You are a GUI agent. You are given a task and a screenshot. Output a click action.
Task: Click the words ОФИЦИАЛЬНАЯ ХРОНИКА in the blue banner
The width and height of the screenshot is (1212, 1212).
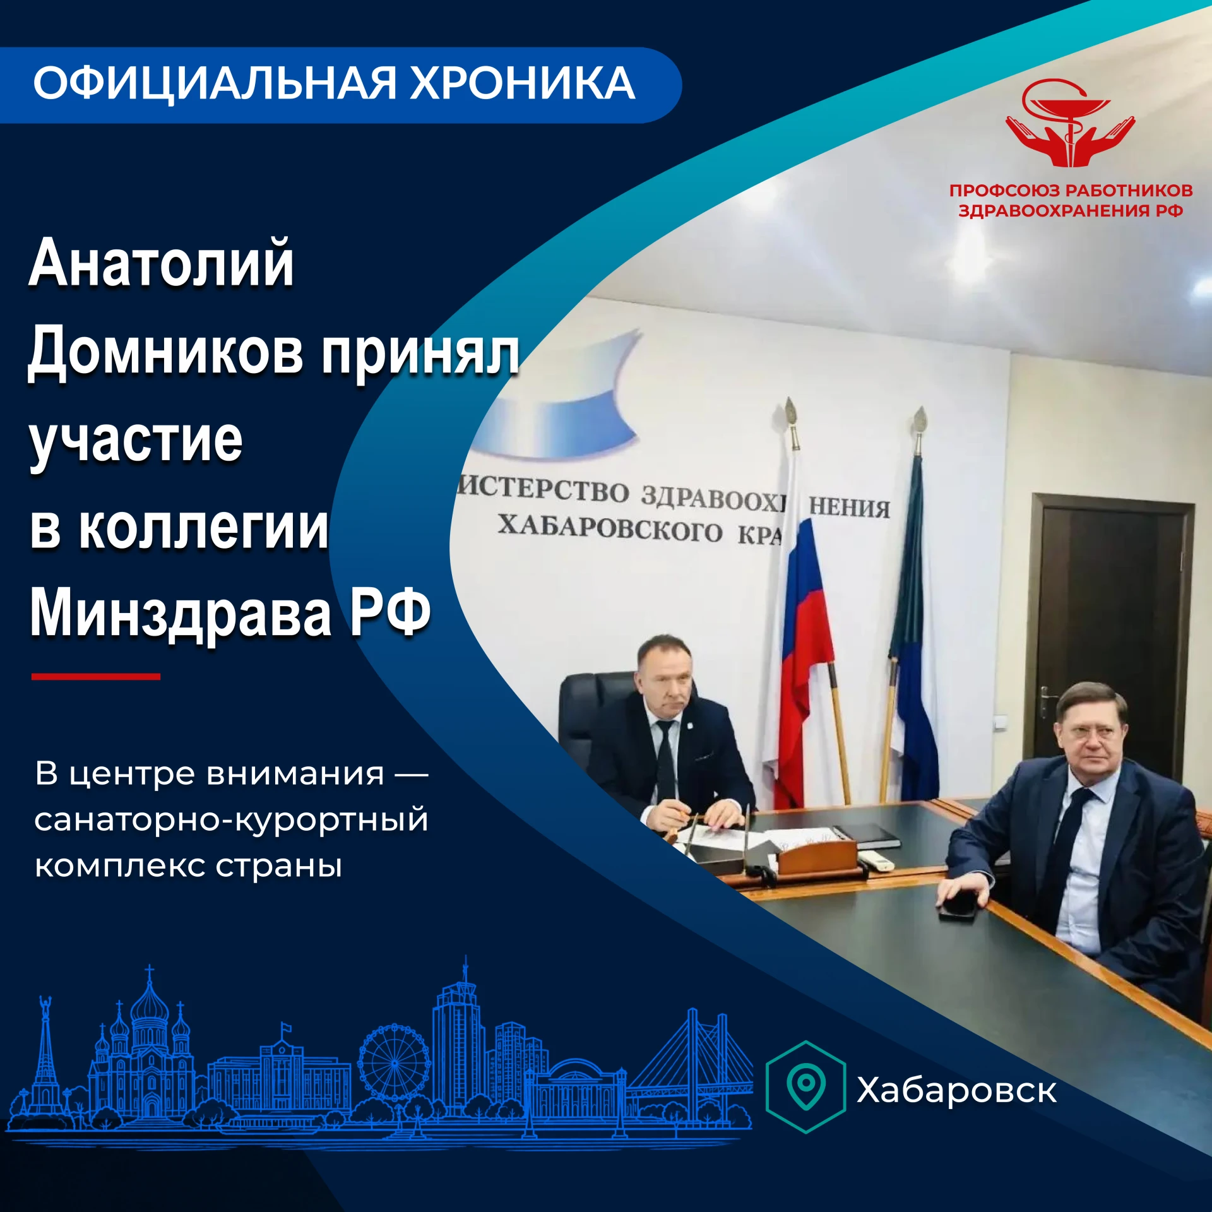(x=334, y=83)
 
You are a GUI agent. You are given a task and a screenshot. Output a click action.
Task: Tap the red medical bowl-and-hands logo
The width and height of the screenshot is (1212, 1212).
(x=1071, y=123)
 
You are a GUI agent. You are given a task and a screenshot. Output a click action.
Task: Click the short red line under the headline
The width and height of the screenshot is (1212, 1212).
(x=96, y=677)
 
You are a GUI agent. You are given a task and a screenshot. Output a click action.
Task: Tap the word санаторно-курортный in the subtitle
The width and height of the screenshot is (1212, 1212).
(x=232, y=820)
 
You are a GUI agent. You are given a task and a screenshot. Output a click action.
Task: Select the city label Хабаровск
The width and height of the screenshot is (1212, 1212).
(x=956, y=1090)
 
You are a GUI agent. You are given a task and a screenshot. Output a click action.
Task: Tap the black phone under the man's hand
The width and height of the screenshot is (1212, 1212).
(x=959, y=906)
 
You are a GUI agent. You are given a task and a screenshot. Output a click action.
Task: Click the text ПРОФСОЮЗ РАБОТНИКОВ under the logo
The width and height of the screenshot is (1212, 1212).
(x=1071, y=191)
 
